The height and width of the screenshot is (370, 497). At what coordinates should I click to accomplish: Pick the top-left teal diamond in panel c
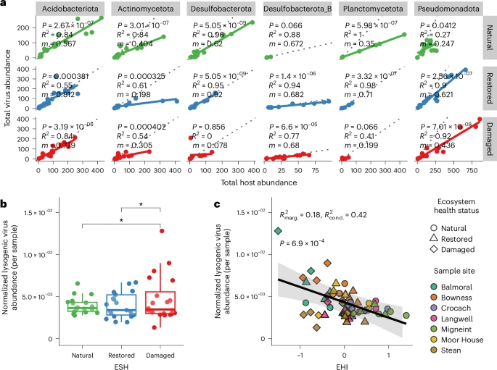[x=278, y=231]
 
